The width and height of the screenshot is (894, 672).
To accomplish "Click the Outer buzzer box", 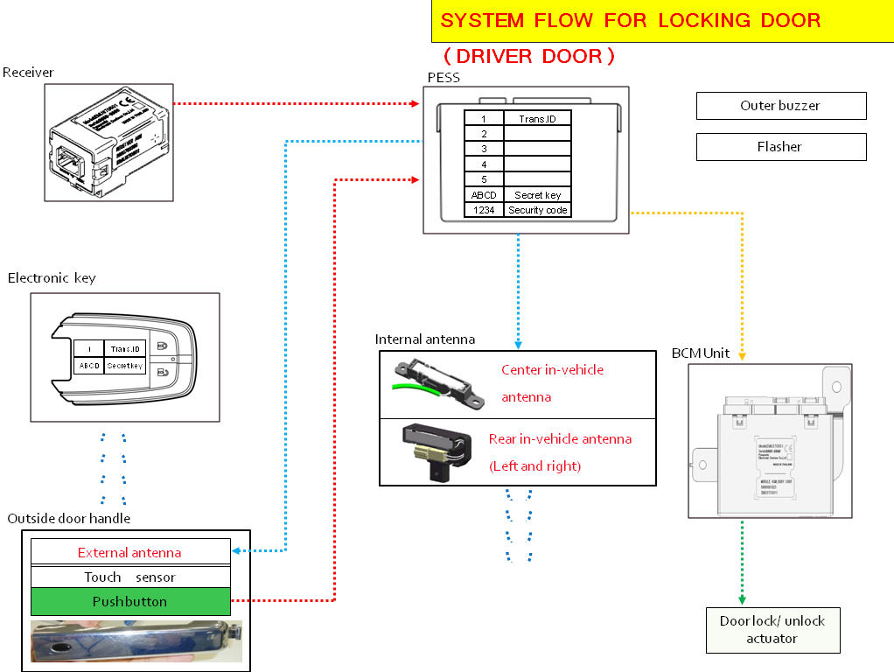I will (x=780, y=106).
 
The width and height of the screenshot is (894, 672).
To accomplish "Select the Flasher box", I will (x=780, y=147).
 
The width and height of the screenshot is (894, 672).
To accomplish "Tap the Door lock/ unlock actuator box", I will (x=772, y=630).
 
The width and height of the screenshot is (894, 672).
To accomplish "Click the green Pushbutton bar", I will (x=130, y=602).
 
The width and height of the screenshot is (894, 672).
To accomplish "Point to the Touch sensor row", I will (x=130, y=577).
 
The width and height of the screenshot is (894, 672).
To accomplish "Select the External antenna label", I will (x=130, y=552).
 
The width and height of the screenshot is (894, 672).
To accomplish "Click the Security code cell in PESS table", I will (x=538, y=210).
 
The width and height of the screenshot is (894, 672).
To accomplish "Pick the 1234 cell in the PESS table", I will (x=484, y=210).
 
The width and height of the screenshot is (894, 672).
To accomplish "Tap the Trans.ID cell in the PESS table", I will (x=538, y=118).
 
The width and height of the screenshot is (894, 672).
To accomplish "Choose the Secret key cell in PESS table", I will (x=538, y=195).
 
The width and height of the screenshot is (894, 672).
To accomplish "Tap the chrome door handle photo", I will (x=136, y=641).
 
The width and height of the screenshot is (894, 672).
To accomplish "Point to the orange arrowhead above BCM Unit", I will (x=742, y=355).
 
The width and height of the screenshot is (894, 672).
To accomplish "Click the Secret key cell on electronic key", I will (x=125, y=366).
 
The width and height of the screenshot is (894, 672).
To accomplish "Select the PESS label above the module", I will (x=444, y=78).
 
